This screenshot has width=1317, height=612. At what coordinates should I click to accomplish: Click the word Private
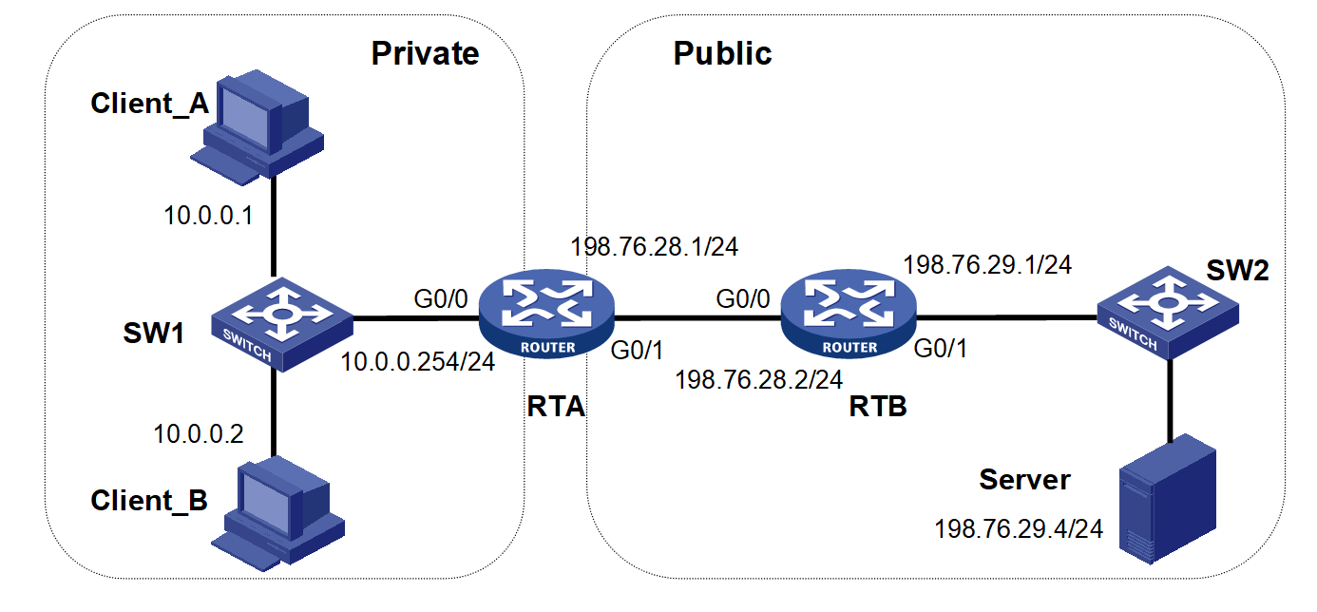pos(425,53)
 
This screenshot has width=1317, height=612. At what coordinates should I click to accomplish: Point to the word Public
pos(722,53)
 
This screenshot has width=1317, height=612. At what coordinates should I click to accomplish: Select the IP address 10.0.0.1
pos(208,216)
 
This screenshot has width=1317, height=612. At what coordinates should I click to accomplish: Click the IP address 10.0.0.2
pos(199,434)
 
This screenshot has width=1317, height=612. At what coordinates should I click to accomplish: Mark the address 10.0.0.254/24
pos(418,362)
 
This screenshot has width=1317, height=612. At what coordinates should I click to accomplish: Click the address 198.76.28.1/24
pos(654,247)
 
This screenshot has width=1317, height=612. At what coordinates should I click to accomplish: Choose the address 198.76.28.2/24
pos(758,380)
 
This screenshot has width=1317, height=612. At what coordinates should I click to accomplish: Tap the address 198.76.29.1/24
pos(987,264)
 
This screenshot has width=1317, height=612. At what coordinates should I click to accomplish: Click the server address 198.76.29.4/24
pos(1019,529)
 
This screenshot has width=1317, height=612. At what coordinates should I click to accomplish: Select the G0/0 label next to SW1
pos(440,301)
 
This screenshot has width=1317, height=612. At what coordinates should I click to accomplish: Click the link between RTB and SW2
pos(1007,317)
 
